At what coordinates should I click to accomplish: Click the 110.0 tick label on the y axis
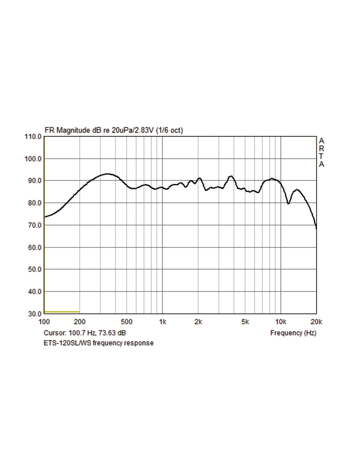pos(33,136)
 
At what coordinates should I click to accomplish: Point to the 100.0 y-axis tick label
pos(33,159)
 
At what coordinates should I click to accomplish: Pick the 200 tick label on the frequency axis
pos(80,322)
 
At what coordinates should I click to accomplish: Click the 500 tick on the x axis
pos(126,322)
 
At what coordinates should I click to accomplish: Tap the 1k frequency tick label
pos(163,322)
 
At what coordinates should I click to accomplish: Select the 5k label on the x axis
pos(245,322)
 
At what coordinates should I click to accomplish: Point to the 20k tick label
pos(316,322)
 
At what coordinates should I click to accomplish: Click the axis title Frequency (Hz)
pos(293,333)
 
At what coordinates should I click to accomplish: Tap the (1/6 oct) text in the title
pos(169,130)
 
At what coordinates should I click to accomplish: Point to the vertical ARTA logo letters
pos(321,152)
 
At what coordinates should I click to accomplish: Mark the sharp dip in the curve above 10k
pos(288,203)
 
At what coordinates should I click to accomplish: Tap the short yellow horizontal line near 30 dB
pos(62,312)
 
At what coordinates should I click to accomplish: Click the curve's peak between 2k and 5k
pos(231,176)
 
